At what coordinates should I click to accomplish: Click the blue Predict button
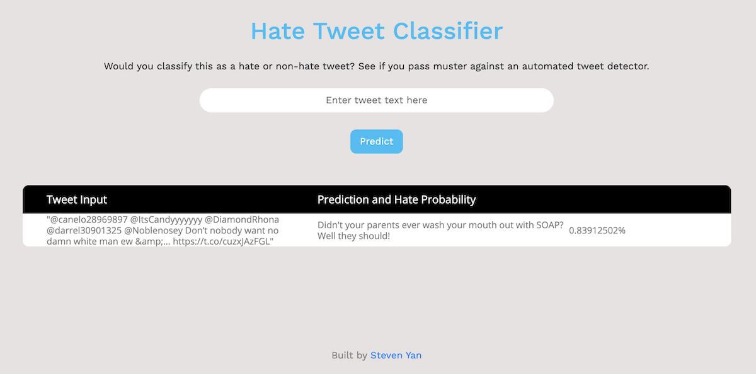click(x=376, y=141)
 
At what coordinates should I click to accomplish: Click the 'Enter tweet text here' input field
click(x=376, y=100)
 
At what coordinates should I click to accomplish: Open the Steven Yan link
click(x=396, y=356)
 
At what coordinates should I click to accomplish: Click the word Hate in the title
click(x=278, y=31)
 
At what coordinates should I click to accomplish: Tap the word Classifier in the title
click(x=448, y=31)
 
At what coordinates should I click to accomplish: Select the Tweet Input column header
click(x=77, y=199)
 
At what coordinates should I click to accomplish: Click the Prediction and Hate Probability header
click(x=396, y=199)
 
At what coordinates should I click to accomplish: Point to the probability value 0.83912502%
click(x=597, y=230)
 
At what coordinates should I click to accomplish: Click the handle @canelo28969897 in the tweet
click(x=89, y=219)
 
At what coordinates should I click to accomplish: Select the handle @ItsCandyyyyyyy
click(x=166, y=220)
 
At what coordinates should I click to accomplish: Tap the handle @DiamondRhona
click(x=242, y=219)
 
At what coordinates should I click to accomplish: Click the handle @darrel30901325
click(x=84, y=230)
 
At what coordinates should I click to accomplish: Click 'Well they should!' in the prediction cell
click(x=353, y=236)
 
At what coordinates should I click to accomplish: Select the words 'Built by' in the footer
click(x=349, y=356)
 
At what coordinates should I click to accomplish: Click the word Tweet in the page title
click(x=349, y=31)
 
